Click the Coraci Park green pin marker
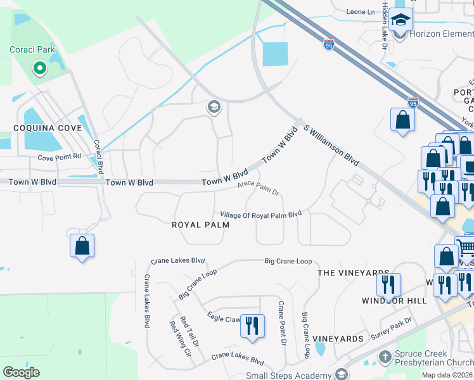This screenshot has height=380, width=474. tap(39, 68)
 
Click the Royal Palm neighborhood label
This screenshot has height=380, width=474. tap(201, 225)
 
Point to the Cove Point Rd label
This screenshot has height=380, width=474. tap(60, 156)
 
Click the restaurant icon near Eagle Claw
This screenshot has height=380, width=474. tap(253, 326)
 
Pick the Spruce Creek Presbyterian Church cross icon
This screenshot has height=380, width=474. tap(384, 358)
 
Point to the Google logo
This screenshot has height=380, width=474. tap(21, 372)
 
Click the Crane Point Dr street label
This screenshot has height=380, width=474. tap(283, 324)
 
